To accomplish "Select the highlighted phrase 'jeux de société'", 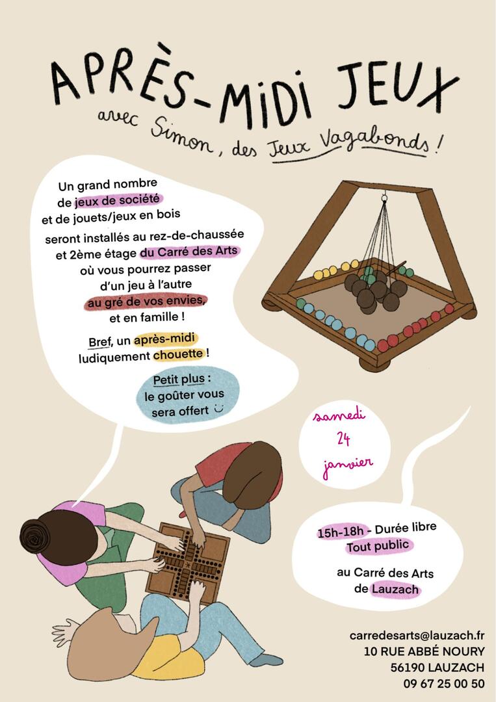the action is [118, 200].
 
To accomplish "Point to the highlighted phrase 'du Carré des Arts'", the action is [189, 252].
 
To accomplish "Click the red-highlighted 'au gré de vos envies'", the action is [146, 302].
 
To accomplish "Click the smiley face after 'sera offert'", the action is [218, 408].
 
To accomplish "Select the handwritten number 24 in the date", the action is [343, 439].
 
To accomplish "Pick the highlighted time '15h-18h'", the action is [341, 532].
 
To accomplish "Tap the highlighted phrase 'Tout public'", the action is [378, 546].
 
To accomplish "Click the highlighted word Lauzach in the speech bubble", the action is [396, 589].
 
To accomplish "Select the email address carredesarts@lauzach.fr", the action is [417, 635].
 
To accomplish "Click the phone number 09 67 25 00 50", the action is [443, 684].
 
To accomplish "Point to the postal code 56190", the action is [408, 668].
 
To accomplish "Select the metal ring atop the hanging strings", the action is [384, 197].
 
